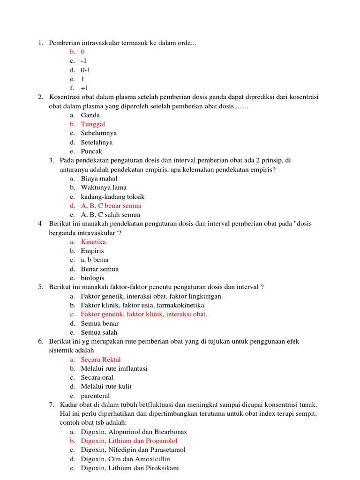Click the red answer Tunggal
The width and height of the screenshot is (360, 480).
pos(93,124)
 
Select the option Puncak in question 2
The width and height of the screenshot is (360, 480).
pos(91,151)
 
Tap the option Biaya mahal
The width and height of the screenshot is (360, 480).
pos(99,179)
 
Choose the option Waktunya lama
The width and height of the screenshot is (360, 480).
pos(104,187)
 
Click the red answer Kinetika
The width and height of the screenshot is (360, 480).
pos(93,242)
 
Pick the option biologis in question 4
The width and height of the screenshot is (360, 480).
pos(92,278)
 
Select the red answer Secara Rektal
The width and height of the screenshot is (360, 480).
pos(101,360)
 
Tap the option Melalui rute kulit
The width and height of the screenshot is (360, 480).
pos(106,387)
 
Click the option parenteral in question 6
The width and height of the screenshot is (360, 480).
pos(95,396)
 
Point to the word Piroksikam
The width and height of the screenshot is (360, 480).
pos(162,468)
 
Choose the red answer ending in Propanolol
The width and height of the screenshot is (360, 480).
pos(129,441)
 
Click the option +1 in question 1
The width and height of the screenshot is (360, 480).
pos(84,88)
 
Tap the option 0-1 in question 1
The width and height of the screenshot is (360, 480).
pos(85,70)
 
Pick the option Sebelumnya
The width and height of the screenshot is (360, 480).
pos(99,133)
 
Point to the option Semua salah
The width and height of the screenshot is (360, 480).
pos(99,332)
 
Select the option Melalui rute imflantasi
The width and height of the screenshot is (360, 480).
pos(114,368)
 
